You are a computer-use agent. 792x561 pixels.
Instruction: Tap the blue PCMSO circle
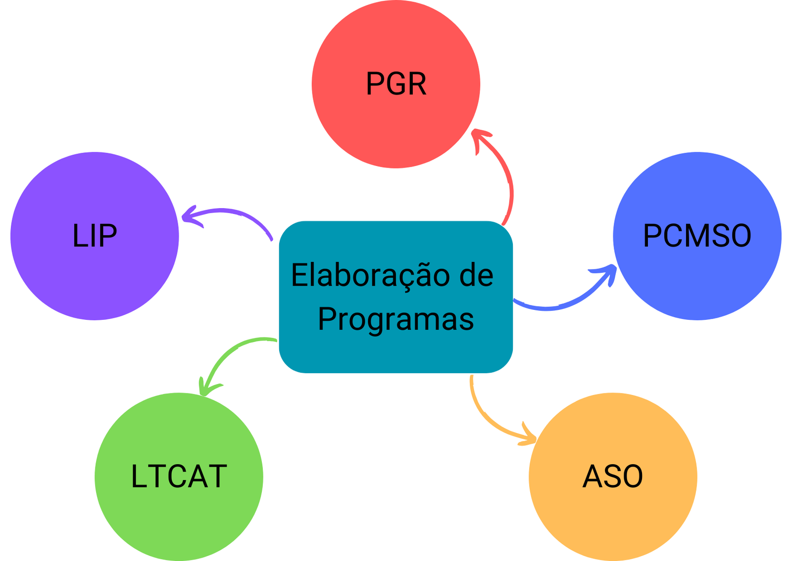(697, 282)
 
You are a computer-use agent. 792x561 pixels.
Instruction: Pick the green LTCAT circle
(179, 519)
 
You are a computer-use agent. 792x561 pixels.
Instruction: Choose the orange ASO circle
(613, 519)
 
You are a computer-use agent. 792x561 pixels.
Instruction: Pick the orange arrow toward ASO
(490, 420)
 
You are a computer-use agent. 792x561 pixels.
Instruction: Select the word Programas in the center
(396, 319)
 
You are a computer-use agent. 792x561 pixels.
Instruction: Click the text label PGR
(396, 84)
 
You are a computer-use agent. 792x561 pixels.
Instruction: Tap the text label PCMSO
(697, 235)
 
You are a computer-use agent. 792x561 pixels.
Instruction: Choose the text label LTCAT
(179, 476)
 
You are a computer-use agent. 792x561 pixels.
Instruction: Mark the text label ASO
(613, 476)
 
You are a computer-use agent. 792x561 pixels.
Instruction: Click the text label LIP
(94, 235)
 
